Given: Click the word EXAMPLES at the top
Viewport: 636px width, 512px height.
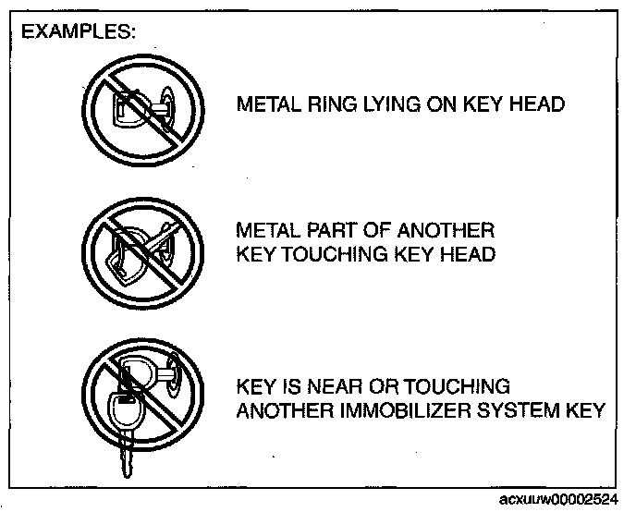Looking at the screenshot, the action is tap(78, 31).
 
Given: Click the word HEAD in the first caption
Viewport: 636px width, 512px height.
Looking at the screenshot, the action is tap(536, 104).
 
